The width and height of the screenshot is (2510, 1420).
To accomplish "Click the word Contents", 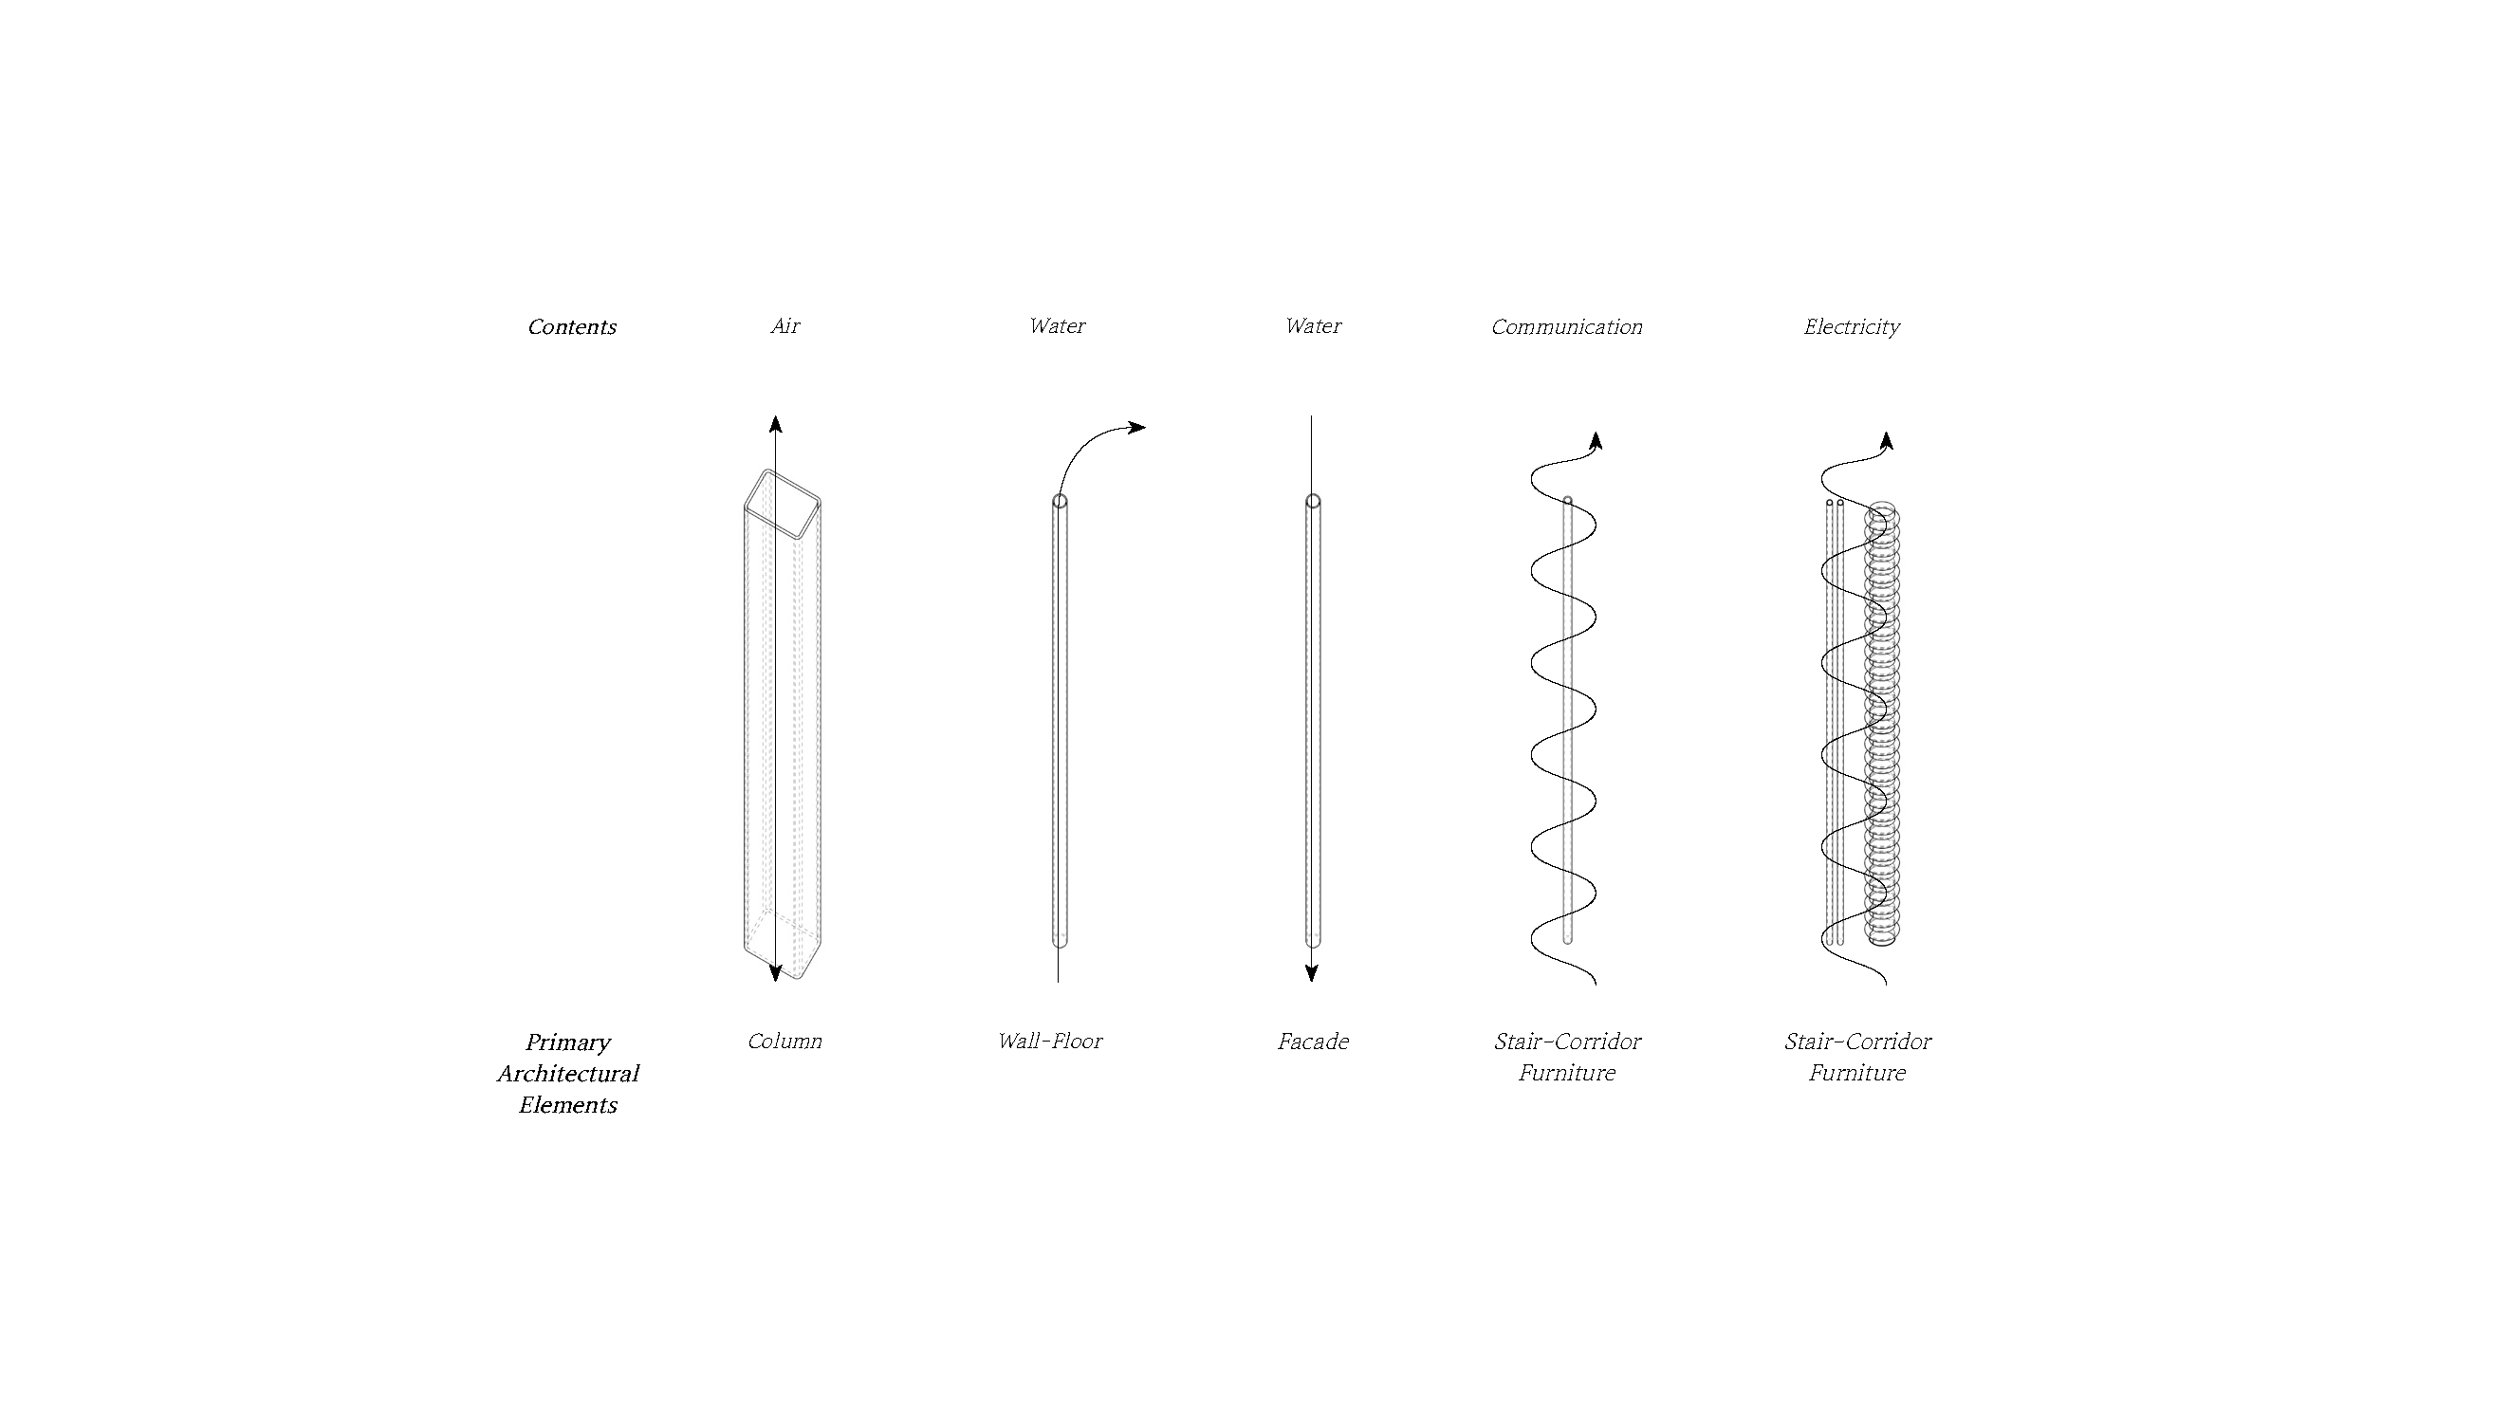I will (571, 326).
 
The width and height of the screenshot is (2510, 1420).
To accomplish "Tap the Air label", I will (785, 325).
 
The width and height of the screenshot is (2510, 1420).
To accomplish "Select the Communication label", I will (1566, 326).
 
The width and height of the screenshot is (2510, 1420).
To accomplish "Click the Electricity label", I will (1851, 326).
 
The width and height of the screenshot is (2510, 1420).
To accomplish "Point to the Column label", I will (785, 1041).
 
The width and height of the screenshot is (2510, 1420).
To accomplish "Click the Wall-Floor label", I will (1049, 1041).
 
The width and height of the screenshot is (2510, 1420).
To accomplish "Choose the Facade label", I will (1313, 1042).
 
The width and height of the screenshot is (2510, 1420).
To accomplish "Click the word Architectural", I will (567, 1073).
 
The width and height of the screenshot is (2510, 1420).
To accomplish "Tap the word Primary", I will (567, 1042).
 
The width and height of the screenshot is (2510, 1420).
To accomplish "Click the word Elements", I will (567, 1105).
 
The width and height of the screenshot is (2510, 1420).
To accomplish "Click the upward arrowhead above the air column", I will (775, 423).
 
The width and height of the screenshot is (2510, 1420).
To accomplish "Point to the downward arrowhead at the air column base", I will (775, 972).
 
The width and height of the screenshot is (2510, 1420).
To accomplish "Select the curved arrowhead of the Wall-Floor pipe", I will (1137, 426).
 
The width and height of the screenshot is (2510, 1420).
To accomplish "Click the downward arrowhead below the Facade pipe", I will (1312, 972).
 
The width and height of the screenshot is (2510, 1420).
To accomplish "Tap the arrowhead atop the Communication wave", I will (1596, 442).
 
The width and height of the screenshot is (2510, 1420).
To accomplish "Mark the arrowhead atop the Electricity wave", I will (1887, 442).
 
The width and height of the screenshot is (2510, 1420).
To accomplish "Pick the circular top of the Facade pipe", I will (1313, 501).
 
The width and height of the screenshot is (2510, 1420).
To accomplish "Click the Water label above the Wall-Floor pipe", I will (1057, 325).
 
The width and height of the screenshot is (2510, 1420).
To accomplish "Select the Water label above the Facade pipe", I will (1313, 325).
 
